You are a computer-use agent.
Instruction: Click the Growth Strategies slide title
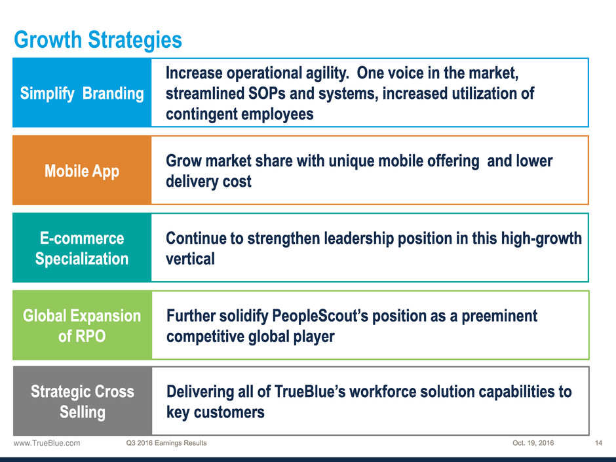[x=98, y=40]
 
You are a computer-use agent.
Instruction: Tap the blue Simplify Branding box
[x=82, y=92]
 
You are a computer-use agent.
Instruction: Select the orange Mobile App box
[x=82, y=170]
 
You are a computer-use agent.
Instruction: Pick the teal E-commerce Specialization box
[x=82, y=248]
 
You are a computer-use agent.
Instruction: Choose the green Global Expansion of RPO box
[x=82, y=325]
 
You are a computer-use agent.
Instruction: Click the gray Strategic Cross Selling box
[x=83, y=401]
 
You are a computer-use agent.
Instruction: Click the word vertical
[x=190, y=259]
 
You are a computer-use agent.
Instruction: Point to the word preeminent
[x=499, y=317]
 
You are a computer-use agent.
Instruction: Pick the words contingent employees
[x=240, y=114]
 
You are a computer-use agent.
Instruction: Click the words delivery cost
[x=208, y=182]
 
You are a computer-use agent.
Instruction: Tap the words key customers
[x=216, y=412]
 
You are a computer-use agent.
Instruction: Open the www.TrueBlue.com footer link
[x=47, y=443]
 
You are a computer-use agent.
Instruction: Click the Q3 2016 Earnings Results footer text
[x=166, y=443]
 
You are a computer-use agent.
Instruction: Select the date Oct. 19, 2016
[x=533, y=443]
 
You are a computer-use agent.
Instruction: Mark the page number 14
[x=598, y=443]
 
